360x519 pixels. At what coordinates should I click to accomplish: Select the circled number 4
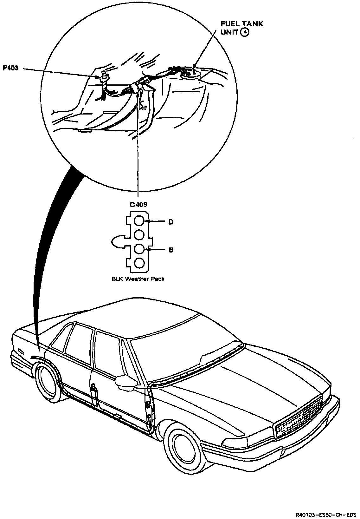(x=244, y=32)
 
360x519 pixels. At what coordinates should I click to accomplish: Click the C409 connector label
(x=138, y=205)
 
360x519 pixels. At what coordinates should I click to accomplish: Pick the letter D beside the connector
(x=170, y=222)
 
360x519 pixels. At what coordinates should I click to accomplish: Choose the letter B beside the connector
(x=170, y=250)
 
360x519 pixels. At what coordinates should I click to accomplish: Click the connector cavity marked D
(x=139, y=221)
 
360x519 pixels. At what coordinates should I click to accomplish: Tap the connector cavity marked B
(x=139, y=249)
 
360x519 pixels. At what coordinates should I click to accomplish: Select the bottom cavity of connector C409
(x=139, y=263)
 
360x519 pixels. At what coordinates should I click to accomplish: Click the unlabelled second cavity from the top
(x=139, y=235)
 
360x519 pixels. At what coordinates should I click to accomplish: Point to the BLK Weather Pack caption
(x=138, y=279)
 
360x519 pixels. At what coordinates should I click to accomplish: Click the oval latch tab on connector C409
(x=118, y=242)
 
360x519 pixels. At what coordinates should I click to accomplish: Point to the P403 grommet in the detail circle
(x=103, y=77)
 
